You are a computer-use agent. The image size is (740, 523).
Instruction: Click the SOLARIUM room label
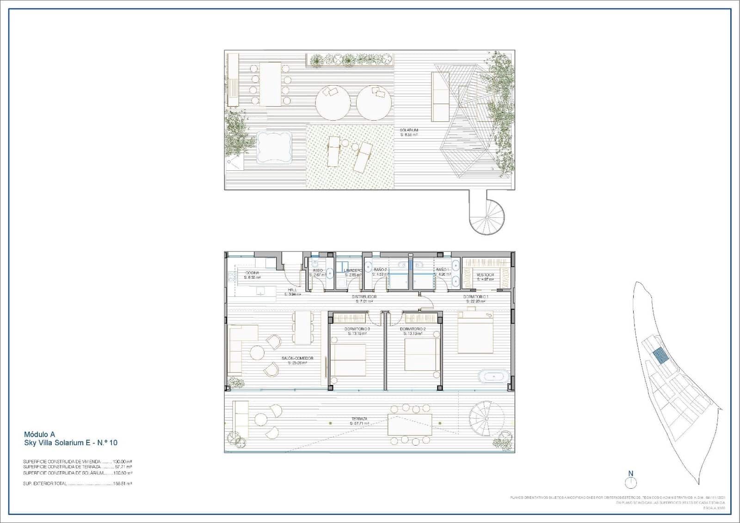coord(409,131)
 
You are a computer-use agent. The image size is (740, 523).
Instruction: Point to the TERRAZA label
coord(359,418)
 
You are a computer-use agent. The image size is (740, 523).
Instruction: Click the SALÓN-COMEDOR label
coord(297,358)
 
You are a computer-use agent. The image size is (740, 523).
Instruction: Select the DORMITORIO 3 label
coord(357,329)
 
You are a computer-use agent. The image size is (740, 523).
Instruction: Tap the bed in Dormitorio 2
coord(422,355)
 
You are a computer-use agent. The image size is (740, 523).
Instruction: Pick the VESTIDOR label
coord(485,275)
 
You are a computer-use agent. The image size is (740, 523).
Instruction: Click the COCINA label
coord(252,273)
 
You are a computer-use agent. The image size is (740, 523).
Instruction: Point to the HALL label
coord(292,290)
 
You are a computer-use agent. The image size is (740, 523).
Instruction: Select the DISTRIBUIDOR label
coord(364,297)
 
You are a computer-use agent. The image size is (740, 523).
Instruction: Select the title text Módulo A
coord(39,434)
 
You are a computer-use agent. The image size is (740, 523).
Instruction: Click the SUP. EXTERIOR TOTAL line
coord(78,483)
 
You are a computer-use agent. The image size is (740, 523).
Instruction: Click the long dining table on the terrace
coord(410,424)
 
